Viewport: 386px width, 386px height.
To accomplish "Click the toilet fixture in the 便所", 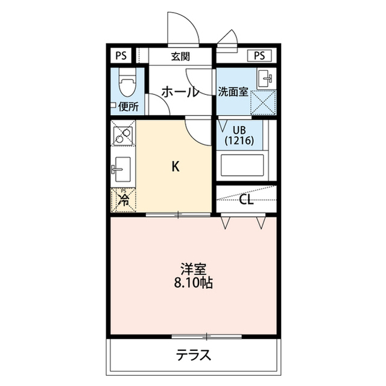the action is click(127, 82).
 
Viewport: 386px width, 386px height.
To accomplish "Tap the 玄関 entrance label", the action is click(181, 57).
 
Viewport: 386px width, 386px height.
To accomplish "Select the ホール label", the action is click(180, 92).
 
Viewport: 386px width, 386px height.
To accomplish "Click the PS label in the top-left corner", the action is click(121, 56).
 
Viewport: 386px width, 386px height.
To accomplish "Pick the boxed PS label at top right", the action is click(259, 56).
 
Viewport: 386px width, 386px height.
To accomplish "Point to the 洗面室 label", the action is click(233, 92).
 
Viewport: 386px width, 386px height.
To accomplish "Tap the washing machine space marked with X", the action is click(263, 103).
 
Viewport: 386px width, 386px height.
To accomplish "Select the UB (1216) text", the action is click(239, 135).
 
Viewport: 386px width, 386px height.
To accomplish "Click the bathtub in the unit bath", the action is click(242, 165).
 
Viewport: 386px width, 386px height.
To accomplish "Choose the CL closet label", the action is click(246, 200).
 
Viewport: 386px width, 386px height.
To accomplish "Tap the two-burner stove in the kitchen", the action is click(123, 136).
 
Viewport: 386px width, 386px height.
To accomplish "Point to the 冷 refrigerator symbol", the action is click(124, 200).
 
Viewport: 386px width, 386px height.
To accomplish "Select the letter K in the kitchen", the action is click(176, 166).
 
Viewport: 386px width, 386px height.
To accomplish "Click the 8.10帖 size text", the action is click(194, 283).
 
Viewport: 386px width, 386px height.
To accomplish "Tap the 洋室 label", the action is click(194, 269).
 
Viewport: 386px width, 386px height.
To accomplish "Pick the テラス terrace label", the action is click(194, 355).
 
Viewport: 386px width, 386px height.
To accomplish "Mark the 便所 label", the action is click(128, 107).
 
